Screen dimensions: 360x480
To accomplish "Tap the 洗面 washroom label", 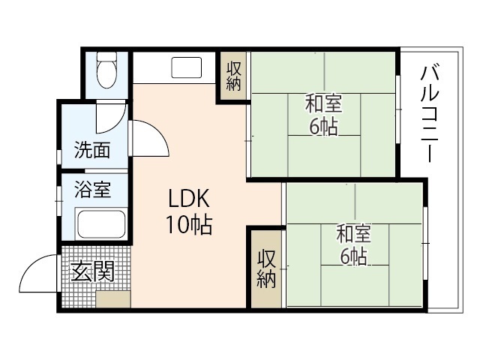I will tap(91, 150).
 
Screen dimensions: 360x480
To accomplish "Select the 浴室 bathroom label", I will tap(92, 190).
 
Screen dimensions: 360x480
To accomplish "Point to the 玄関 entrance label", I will tap(91, 271).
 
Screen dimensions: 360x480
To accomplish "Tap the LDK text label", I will tap(187, 199).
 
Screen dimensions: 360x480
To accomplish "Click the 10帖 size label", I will tap(187, 223).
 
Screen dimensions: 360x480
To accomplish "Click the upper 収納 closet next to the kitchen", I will tap(233, 76).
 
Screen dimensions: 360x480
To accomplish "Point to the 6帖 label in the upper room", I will tap(322, 126).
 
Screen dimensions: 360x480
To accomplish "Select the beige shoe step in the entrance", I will tap(112, 298).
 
